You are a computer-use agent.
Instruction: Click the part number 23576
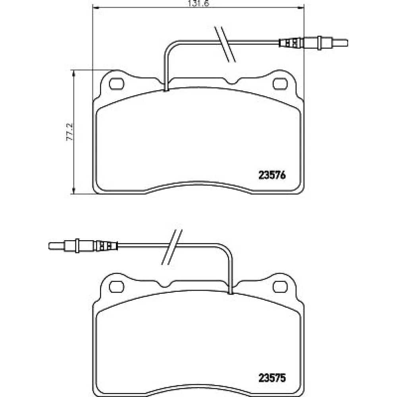pos(272,175)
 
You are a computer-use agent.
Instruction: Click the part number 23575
pos(272,378)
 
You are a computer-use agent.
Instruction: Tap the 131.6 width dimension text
pos(198,3)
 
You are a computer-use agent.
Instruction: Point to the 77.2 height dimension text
pos(69,132)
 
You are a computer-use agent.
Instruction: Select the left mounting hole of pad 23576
pos(116,84)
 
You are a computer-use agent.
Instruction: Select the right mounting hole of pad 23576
pos(280,84)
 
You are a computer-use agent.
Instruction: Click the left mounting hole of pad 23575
pos(116,287)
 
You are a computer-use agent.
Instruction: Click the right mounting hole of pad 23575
pos(280,287)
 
